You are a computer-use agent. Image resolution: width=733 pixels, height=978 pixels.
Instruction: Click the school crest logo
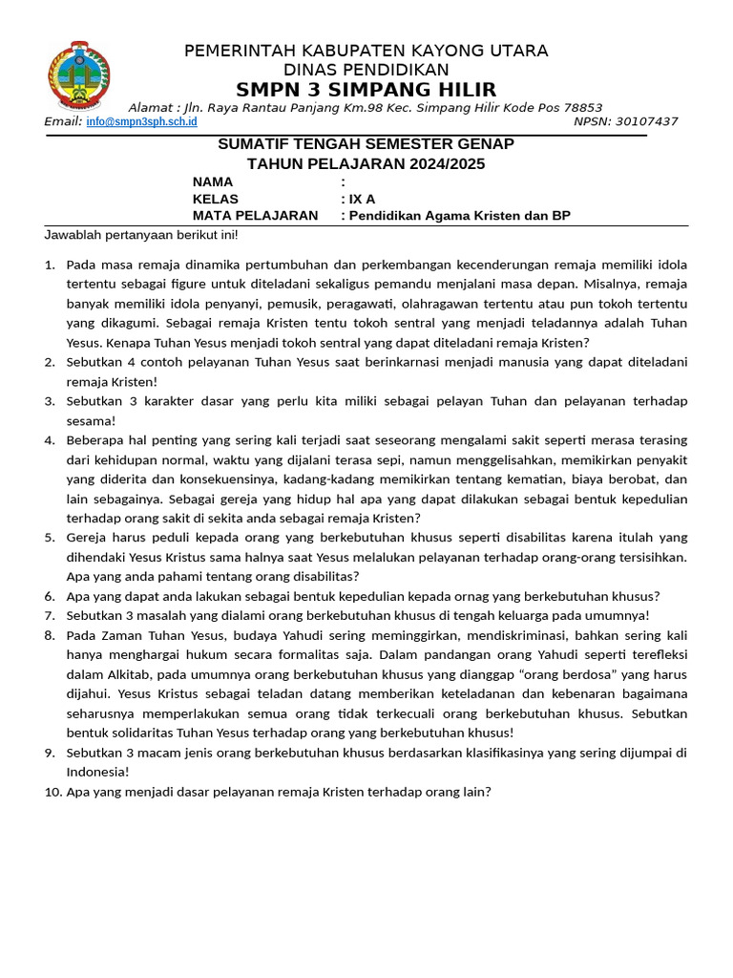click(78, 76)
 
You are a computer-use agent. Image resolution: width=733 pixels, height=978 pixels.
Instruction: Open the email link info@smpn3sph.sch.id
click(141, 122)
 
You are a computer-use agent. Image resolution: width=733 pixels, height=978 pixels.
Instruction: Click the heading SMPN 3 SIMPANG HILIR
click(366, 90)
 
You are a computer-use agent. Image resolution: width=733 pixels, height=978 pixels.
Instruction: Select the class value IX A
click(362, 200)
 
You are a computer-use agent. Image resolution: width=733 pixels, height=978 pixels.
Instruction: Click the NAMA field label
click(212, 181)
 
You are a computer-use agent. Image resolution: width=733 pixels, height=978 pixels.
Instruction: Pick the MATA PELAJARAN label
click(255, 216)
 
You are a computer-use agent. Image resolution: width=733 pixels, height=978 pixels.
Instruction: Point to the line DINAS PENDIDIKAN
click(366, 70)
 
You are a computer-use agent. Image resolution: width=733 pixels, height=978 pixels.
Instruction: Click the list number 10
click(53, 792)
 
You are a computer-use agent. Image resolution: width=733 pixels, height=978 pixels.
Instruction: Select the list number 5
click(50, 537)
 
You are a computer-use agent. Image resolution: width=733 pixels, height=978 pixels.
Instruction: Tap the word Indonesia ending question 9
click(96, 772)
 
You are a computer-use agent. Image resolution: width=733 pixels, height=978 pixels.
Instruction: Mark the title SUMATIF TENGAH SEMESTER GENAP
click(366, 144)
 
